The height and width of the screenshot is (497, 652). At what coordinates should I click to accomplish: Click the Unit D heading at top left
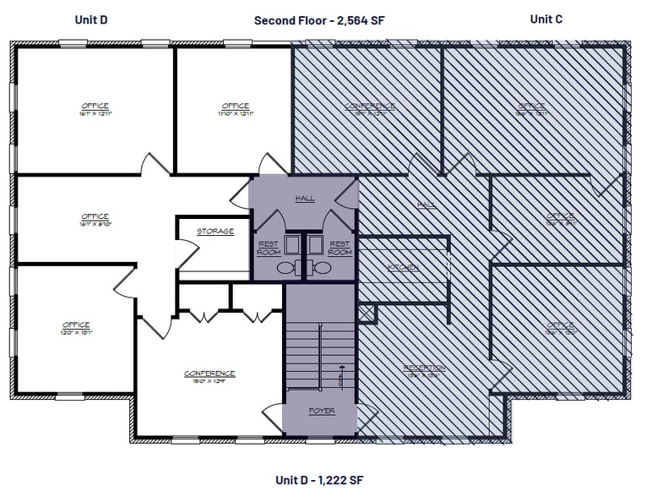point(90,19)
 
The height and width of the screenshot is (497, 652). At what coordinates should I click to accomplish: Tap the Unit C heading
point(546,19)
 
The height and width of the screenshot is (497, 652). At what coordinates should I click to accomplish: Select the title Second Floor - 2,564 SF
point(319,20)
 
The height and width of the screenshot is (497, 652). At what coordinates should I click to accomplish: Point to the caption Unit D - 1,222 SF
point(319,480)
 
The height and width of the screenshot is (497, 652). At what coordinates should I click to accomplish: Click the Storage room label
point(215,232)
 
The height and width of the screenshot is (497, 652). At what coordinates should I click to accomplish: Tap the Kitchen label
point(403,268)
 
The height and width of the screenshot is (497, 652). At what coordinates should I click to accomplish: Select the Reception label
point(424,368)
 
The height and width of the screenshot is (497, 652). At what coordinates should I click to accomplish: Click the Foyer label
point(321,411)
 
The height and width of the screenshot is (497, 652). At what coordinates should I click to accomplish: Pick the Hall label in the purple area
point(305,199)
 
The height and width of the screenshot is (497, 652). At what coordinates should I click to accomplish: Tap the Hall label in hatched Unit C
point(427,205)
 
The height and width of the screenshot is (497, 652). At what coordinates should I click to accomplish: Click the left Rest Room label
point(268,248)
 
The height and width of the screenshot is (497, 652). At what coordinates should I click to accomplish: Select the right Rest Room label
point(340,248)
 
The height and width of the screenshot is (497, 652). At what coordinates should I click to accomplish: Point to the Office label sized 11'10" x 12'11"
point(235,109)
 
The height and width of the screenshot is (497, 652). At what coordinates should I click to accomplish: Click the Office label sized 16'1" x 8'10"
point(95,220)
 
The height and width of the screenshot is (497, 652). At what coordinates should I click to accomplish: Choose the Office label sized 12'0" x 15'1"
point(76,329)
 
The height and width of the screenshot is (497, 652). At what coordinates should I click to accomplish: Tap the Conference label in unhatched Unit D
point(209,376)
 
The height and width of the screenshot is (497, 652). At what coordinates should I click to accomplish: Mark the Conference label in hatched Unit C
point(370,109)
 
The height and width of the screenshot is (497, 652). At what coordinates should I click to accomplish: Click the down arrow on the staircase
point(342,377)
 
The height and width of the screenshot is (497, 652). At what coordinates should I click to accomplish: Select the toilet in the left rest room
point(285,268)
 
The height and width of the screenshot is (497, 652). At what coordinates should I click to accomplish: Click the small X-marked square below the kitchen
point(367,314)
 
